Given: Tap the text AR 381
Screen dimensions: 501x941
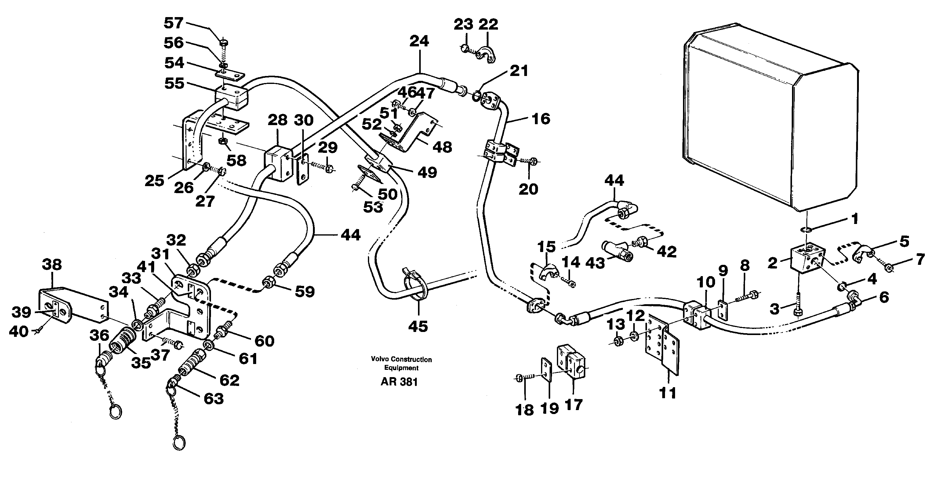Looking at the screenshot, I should pos(399,382).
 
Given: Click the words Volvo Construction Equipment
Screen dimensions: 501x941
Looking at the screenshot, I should pos(401,363).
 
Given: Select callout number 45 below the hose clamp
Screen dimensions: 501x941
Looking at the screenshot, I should pos(418,326).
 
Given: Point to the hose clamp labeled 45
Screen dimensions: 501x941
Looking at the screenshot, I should pos(415,288).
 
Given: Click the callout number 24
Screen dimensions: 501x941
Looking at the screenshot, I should pos(419,41).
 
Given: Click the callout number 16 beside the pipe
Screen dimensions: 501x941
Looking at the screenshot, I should pos(541,119).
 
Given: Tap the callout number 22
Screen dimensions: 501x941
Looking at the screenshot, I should pos(489,24).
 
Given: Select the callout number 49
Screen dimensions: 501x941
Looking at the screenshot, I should pos(427,172).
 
